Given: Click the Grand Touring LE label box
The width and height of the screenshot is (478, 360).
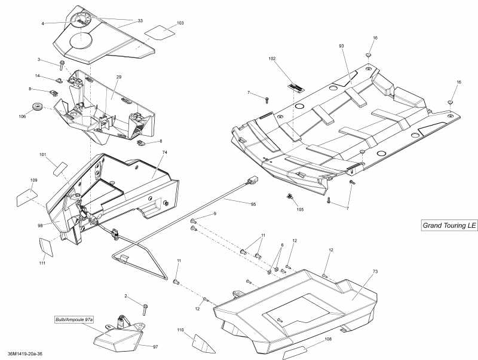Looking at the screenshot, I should [x=449, y=225].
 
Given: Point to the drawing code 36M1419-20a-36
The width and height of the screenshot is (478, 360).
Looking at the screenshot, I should [x=26, y=354].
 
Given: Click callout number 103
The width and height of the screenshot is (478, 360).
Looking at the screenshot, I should [x=180, y=23].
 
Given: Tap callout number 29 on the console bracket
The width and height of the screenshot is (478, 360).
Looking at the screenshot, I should [x=118, y=78].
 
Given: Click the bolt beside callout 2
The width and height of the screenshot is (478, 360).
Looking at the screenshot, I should [x=145, y=309].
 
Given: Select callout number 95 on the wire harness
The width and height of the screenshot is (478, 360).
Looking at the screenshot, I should [x=253, y=204].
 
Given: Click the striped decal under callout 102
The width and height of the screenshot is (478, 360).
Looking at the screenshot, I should [x=296, y=87].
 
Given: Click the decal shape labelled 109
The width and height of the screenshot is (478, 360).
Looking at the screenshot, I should [x=26, y=196].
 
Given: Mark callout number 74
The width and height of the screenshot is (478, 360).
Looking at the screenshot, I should [x=164, y=153].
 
